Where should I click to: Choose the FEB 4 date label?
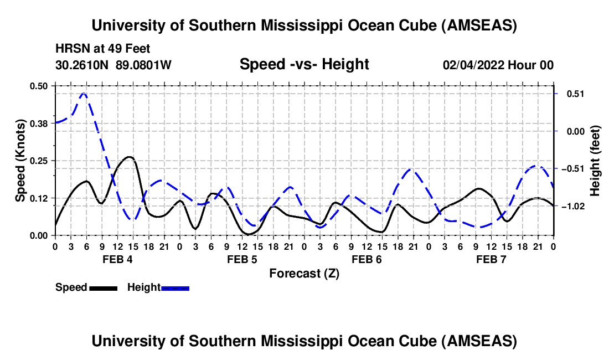pyautogui.click(x=117, y=260)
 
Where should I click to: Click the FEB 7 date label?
pyautogui.click(x=491, y=260)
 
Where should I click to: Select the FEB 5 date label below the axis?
pyautogui.click(x=241, y=260)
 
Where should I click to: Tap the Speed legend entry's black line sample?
pyautogui.click(x=103, y=287)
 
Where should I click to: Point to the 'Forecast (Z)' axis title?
pyautogui.click(x=304, y=274)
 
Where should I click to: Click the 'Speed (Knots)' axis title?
pyautogui.click(x=20, y=161)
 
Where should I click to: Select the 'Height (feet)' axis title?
pyautogui.click(x=595, y=161)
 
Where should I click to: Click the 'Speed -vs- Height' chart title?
pyautogui.click(x=304, y=65)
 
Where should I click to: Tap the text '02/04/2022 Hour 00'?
pyautogui.click(x=498, y=65)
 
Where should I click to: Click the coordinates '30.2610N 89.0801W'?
pyautogui.click(x=113, y=65)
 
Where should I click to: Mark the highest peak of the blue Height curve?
pyautogui.click(x=84, y=94)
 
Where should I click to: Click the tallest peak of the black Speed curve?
pyautogui.click(x=130, y=157)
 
